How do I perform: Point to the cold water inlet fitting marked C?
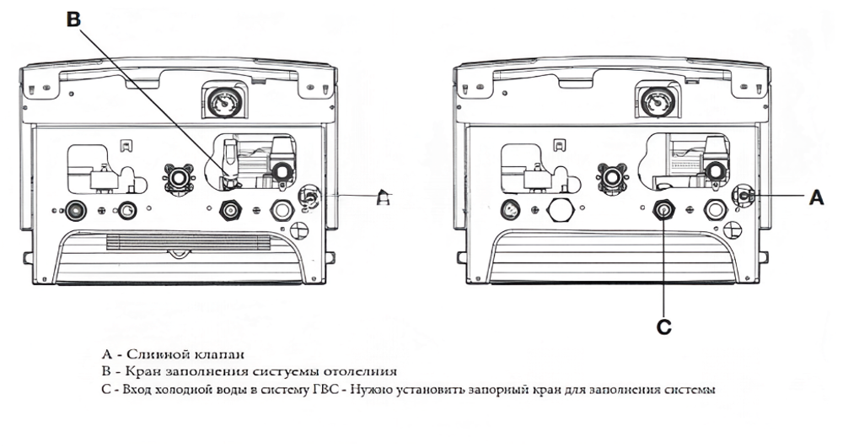click(663, 208)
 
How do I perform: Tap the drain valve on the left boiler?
click(308, 197)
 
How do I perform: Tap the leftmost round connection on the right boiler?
click(511, 208)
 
